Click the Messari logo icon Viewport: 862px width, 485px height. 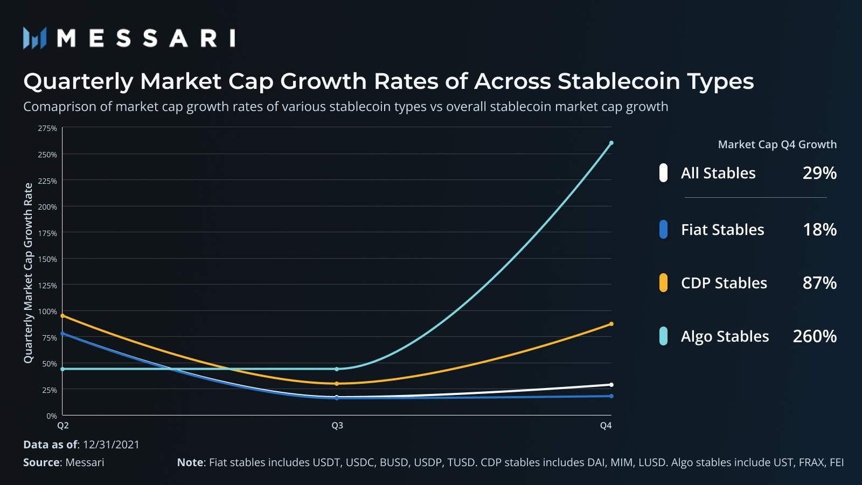35,38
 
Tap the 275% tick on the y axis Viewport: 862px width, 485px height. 47,128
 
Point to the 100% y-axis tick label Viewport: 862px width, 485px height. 47,311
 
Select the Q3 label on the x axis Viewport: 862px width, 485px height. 337,426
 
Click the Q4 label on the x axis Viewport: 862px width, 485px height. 606,426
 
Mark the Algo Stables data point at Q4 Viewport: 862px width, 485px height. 611,143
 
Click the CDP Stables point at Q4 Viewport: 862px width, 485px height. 611,324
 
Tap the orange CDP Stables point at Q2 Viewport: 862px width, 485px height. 63,316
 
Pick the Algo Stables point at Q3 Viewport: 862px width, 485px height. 337,369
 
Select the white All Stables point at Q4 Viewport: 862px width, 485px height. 611,385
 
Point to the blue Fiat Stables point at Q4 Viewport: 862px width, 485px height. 611,396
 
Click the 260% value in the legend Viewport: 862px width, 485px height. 815,336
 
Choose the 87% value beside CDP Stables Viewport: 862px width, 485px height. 819,283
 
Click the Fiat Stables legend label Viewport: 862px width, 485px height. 722,230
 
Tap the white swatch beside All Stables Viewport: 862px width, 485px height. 663,173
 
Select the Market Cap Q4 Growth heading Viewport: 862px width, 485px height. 777,144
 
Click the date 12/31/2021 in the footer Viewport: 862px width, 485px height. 111,445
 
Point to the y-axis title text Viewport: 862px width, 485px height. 28,273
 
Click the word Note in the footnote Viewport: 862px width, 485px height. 190,462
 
